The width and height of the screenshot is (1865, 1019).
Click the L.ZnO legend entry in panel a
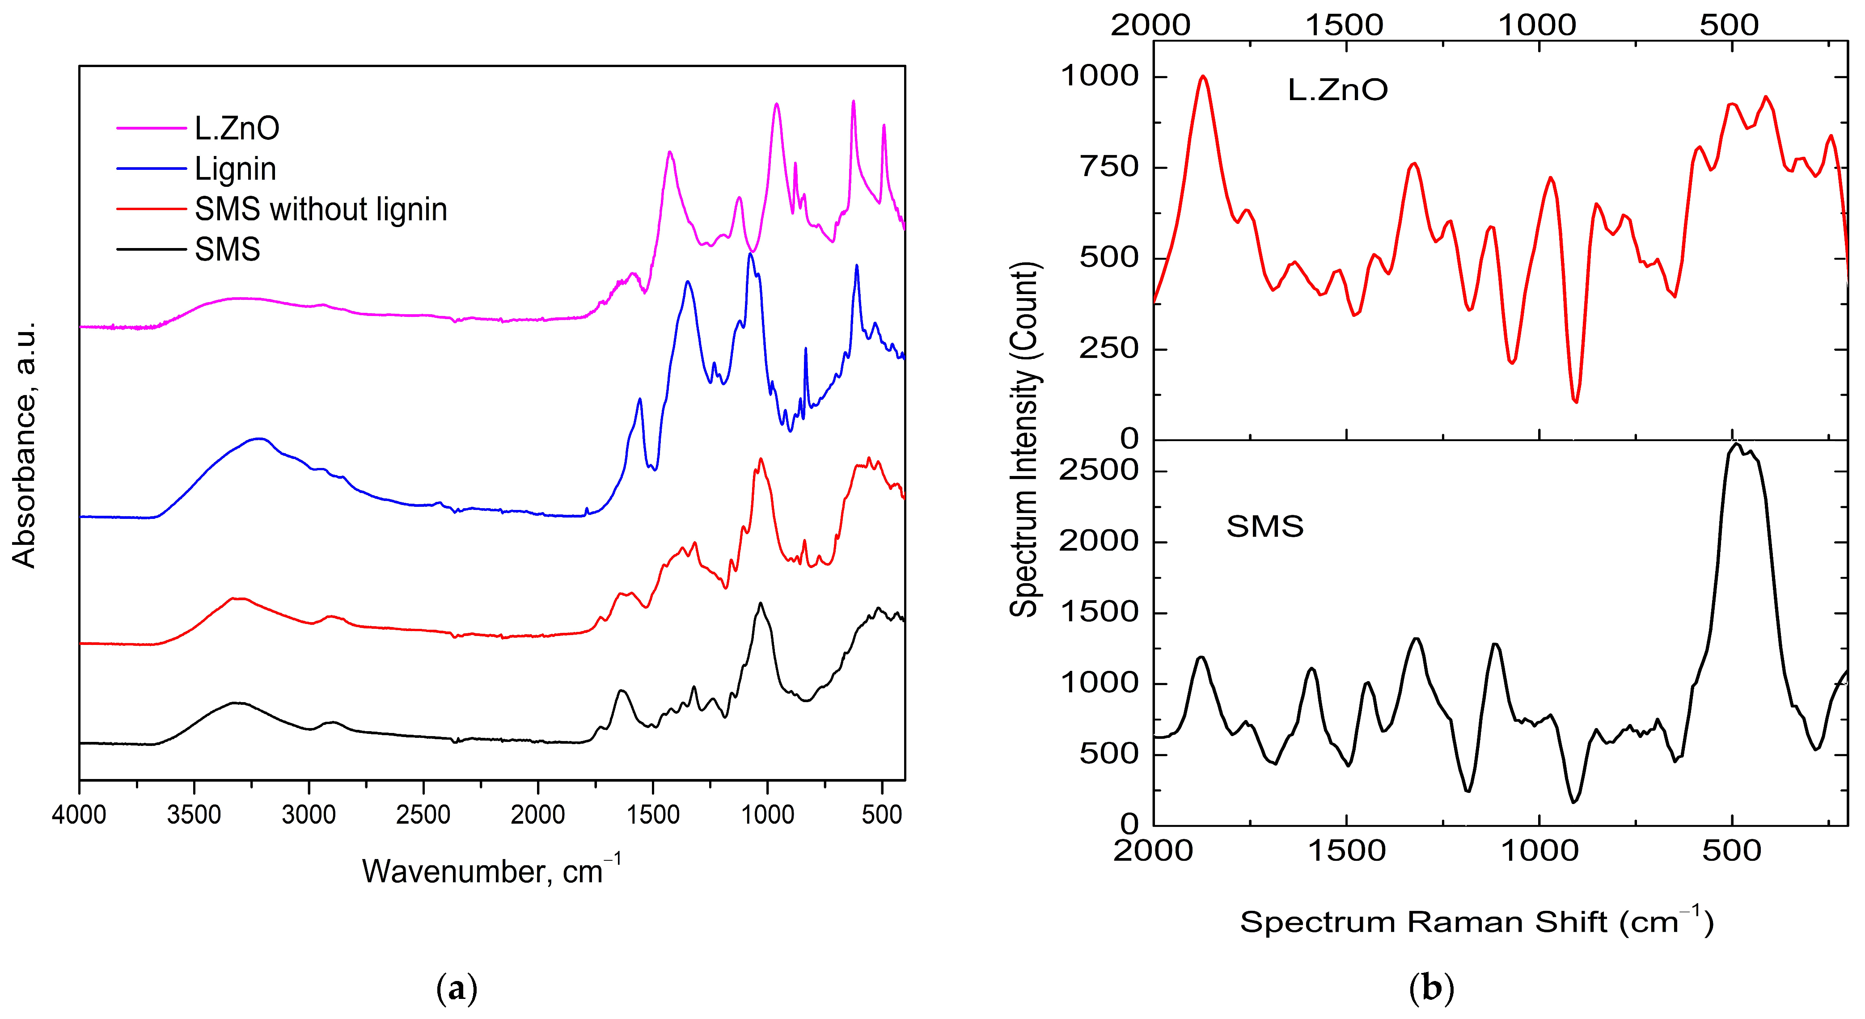pos(236,128)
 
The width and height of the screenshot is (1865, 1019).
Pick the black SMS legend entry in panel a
pos(227,250)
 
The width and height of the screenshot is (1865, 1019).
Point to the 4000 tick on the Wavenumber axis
pos(79,815)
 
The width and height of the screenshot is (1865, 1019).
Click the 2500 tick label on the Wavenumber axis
pos(423,815)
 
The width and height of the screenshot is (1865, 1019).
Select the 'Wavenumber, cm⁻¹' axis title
pos(491,871)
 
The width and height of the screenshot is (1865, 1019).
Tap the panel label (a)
pos(457,988)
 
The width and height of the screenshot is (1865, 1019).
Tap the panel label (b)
pos(1431,988)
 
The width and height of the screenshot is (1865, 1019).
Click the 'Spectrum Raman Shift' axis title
pos(1476,922)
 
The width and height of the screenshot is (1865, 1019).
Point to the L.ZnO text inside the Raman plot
pos(1337,90)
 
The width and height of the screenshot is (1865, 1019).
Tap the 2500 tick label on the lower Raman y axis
pos(1098,471)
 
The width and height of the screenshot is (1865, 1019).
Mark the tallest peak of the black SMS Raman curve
pos(1735,444)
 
